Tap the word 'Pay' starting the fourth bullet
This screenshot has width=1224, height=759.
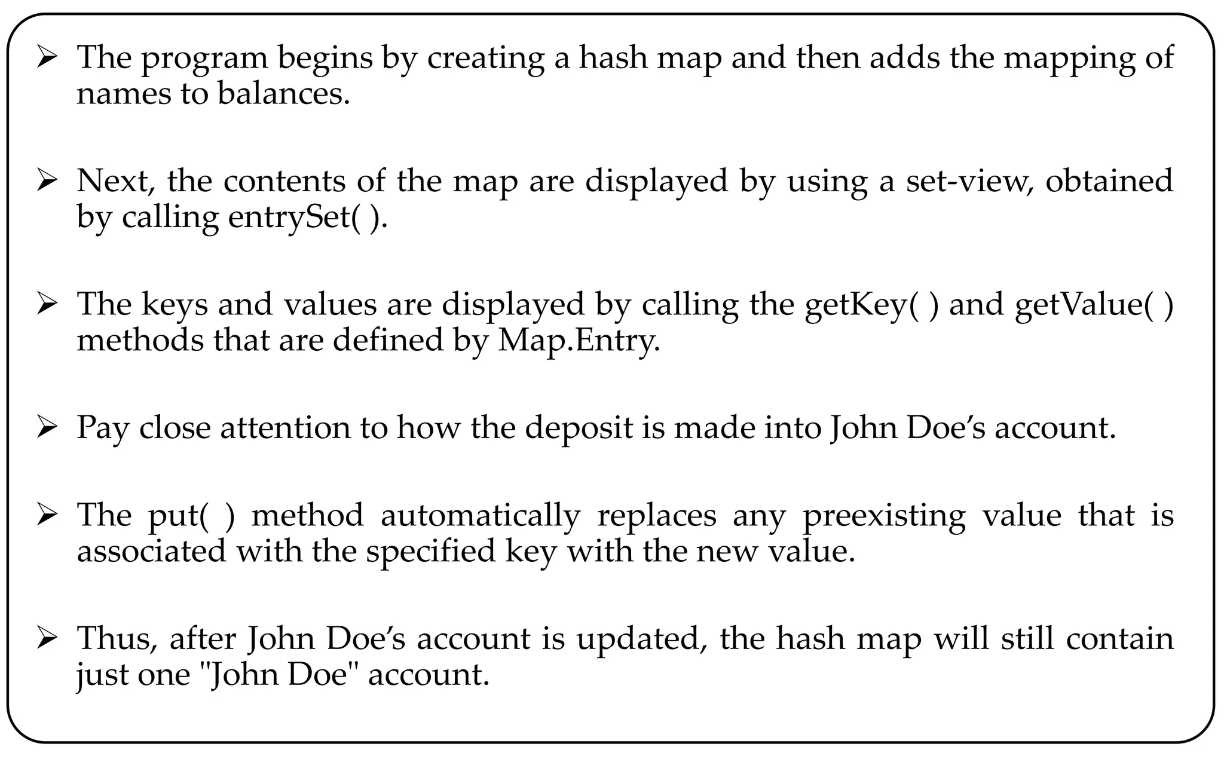[102, 429]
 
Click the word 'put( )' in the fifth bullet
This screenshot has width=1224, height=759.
[191, 516]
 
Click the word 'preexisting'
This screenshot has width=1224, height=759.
[883, 516]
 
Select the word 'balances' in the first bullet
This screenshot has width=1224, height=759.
[283, 94]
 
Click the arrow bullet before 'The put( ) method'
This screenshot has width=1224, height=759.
[47, 516]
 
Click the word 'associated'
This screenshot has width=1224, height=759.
[152, 551]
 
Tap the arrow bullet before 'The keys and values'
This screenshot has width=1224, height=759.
[47, 305]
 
